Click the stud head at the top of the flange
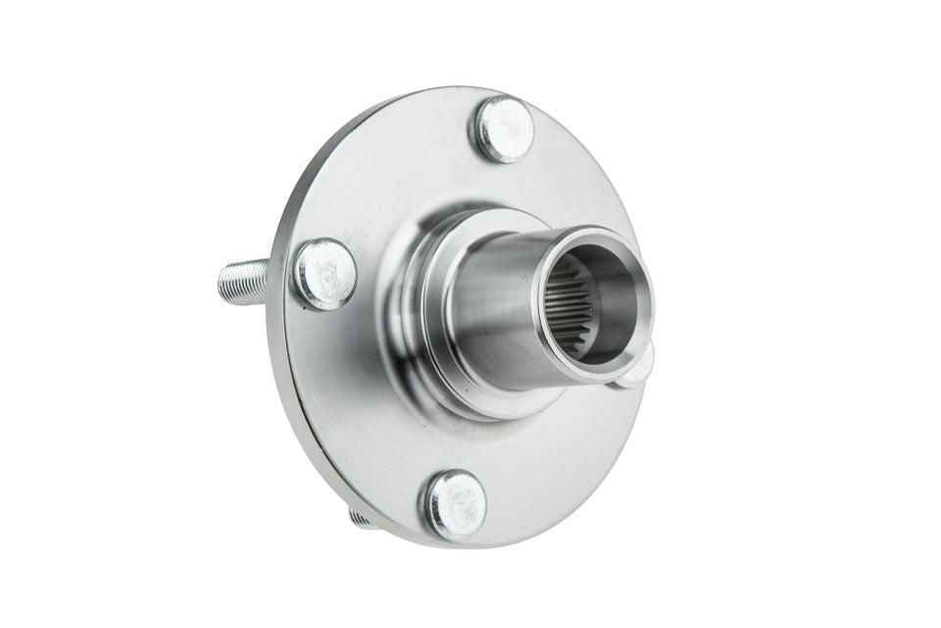click(505, 130)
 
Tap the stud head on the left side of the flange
click(324, 274)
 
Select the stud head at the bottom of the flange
click(455, 504)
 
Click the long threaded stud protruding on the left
click(245, 281)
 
